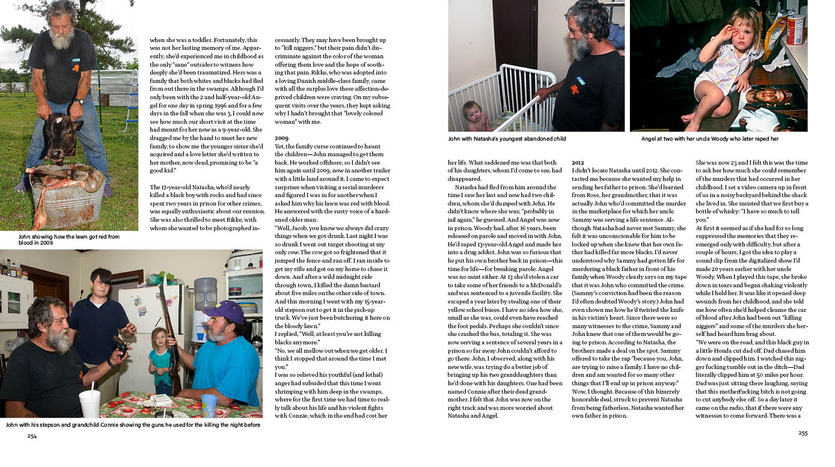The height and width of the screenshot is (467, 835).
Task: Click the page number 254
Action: point(32,436)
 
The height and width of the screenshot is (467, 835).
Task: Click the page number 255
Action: point(803,433)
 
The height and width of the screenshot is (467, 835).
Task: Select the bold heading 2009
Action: point(281,138)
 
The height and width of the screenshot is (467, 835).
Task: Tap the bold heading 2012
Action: point(578,162)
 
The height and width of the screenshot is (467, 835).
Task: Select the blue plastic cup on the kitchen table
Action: point(209,404)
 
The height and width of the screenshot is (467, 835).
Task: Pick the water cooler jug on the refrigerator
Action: point(205,293)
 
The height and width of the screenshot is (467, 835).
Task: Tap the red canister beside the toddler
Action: point(795,29)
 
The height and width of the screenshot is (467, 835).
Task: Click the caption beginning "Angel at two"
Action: point(709,139)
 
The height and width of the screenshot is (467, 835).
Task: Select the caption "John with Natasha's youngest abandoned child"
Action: point(507,139)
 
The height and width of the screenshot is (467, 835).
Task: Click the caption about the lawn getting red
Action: point(69,240)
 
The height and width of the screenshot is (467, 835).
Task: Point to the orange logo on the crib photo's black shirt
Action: point(575,90)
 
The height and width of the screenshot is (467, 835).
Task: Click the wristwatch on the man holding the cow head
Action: point(79,101)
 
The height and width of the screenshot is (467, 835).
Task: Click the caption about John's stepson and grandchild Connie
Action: point(133,425)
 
